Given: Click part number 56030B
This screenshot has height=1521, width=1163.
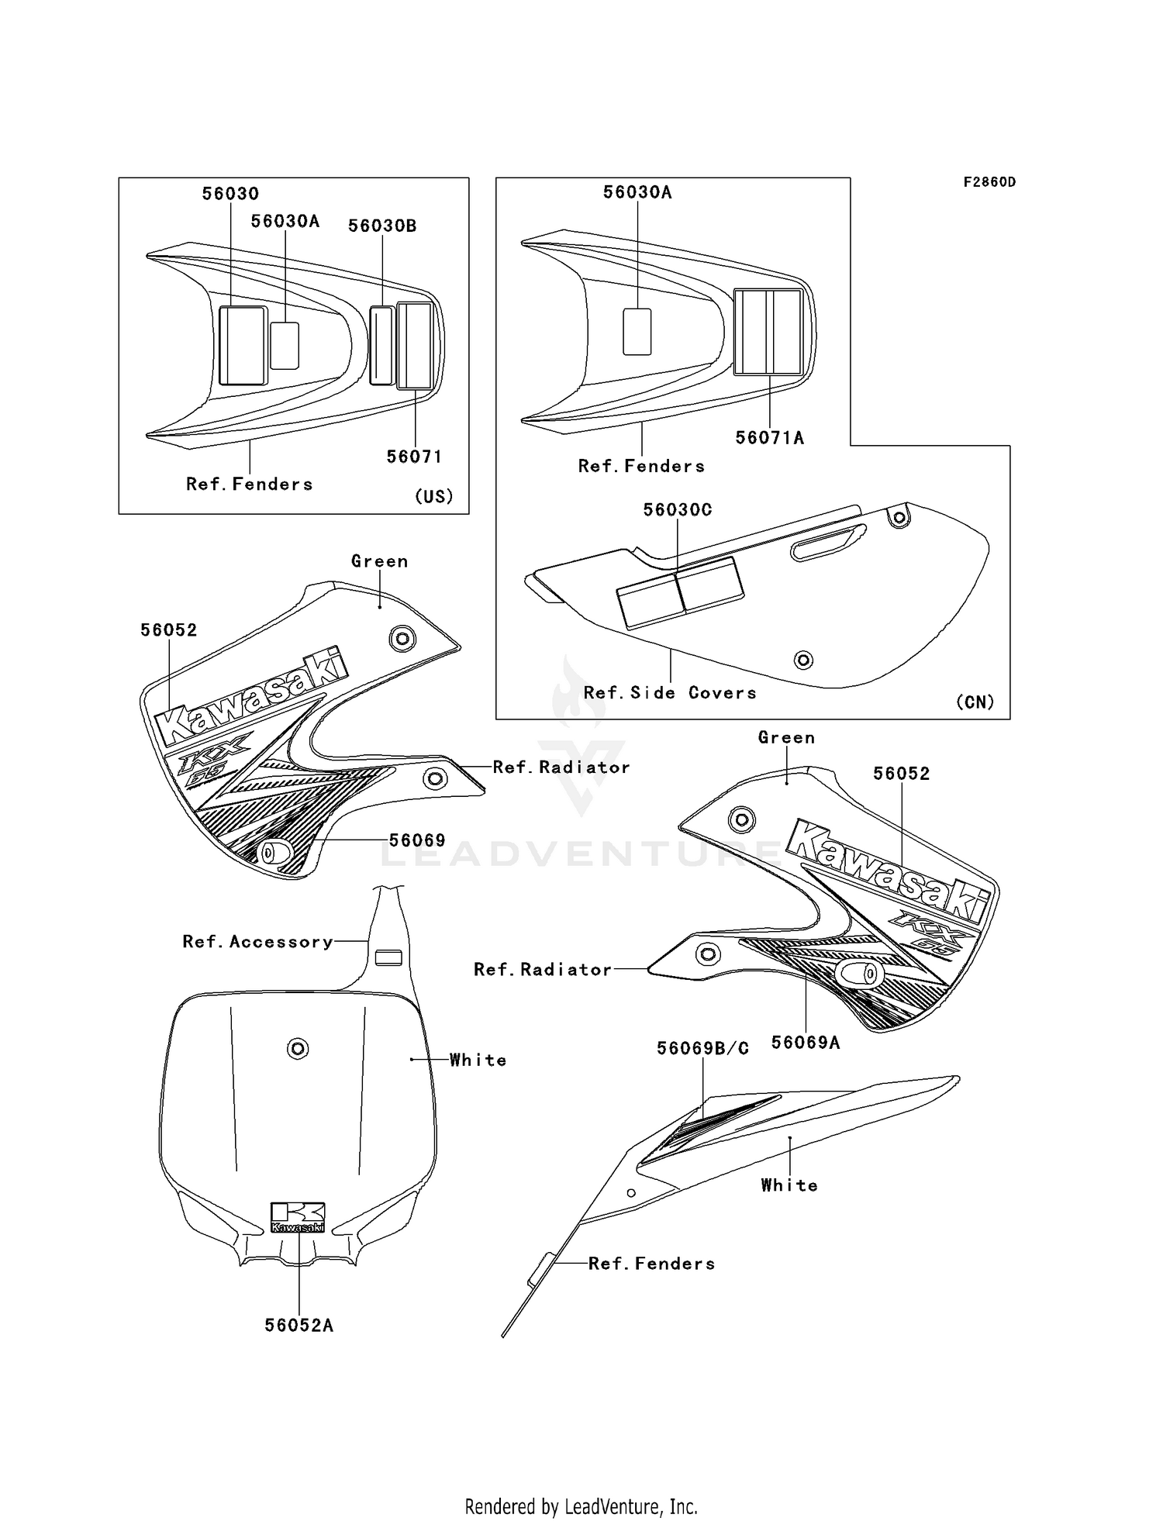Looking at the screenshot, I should pos(382,226).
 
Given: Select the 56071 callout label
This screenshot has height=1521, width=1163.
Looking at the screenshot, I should pos(415,457).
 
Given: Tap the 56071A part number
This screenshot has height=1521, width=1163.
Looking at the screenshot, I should pos(769,438).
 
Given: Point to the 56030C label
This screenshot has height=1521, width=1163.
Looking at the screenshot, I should pos(678,510).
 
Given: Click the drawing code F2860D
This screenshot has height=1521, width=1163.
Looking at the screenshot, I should pos(989,182).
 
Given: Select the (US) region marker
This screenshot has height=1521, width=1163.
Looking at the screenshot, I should pos(433,496).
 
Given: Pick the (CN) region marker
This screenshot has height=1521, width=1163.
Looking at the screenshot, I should pos(975,702).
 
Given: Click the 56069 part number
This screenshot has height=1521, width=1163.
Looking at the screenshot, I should pos(417,840).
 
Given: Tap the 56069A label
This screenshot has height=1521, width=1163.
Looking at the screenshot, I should pos(806,1043).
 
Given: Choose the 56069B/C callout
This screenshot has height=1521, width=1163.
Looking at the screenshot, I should pos(702,1049).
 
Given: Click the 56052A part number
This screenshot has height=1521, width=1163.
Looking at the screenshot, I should pos(299,1325).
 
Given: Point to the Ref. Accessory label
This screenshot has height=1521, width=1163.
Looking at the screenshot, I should pos(257,942).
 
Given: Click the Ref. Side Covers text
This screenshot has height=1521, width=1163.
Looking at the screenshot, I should pos(670,693).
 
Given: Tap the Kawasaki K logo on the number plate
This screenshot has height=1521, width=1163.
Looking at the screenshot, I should pos(298,1217).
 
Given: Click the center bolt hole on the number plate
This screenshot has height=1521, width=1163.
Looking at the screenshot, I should pos(298,1049).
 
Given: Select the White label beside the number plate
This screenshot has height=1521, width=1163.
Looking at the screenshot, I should pos(478,1060).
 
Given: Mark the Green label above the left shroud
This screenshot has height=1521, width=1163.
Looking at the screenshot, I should pos(379,561).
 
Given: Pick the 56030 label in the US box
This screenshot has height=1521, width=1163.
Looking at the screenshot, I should pos(230,194).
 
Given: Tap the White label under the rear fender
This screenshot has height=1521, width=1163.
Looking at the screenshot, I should pos(789,1185).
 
